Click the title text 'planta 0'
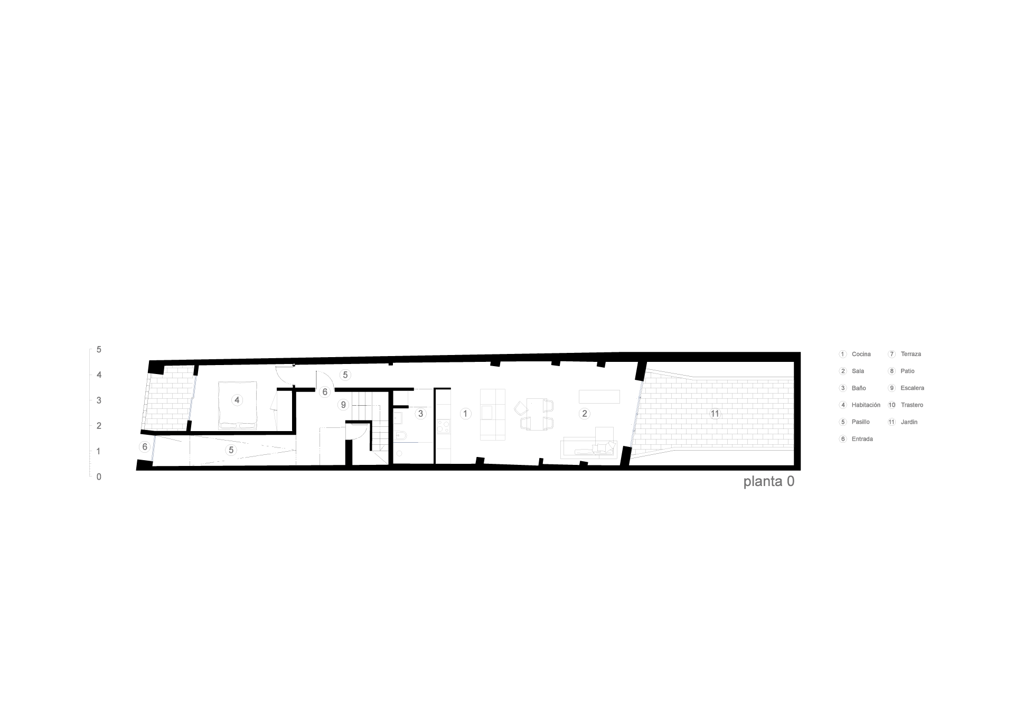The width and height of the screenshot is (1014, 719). pos(768,482)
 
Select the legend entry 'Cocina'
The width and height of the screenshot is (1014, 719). pos(861,354)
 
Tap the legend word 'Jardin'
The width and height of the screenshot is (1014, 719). pos(909,422)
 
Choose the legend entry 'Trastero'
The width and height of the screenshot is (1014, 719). pos(912,405)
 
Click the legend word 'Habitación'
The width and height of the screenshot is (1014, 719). pos(866,405)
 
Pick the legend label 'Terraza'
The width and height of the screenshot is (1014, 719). pos(911,354)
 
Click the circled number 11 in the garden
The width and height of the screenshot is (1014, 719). pos(715,414)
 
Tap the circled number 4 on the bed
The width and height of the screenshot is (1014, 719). pos(237,400)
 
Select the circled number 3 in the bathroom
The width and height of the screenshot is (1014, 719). pos(421,414)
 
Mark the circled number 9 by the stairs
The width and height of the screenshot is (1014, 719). pos(343,405)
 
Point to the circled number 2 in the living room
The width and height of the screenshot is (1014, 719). pos(584,414)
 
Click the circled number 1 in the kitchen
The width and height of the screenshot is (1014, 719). pos(465,414)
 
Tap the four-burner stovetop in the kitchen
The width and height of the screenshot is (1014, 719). pos(444,426)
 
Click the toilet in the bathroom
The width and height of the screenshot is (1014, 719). pos(400,436)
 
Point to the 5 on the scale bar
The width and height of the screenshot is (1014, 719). pos(99,350)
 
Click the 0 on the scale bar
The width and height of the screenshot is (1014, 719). pos(99,477)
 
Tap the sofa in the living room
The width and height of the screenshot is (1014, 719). pos(589,447)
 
